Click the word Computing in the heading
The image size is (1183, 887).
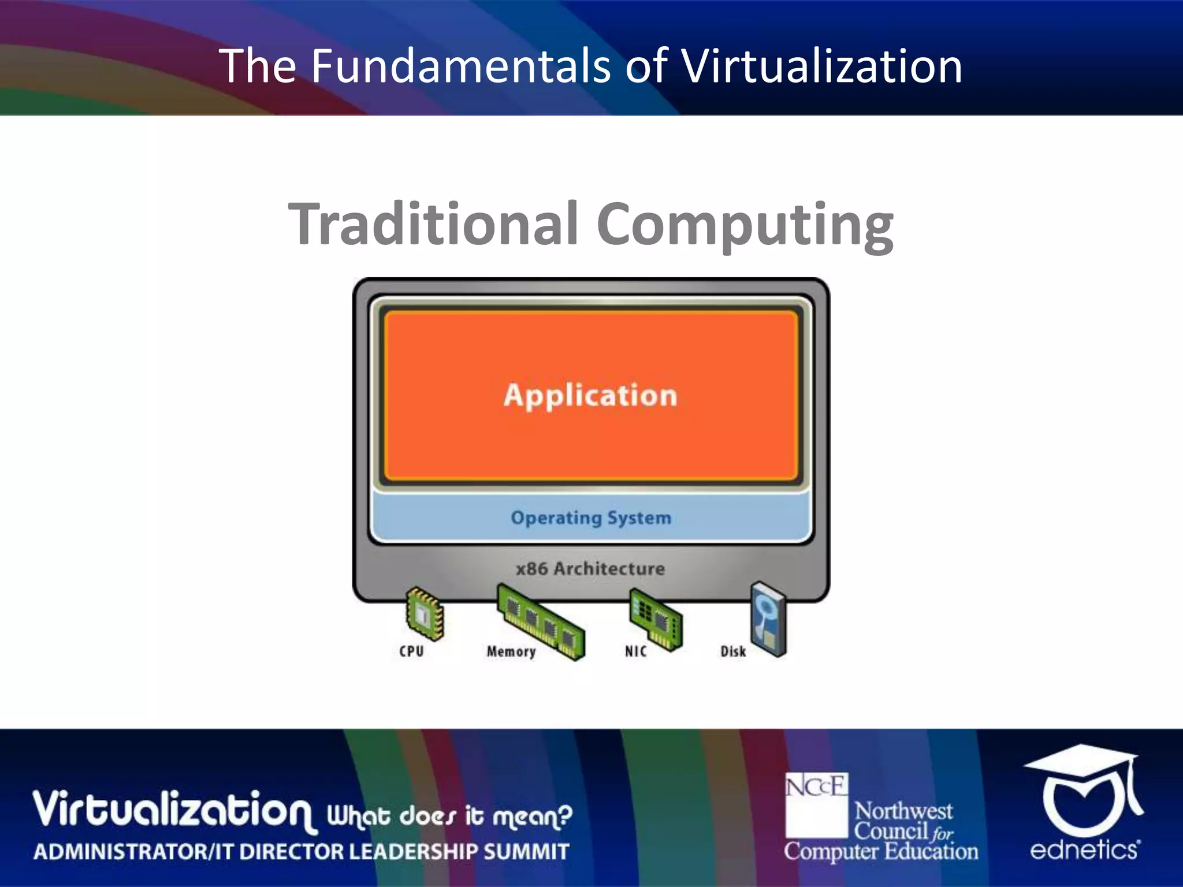(x=745, y=225)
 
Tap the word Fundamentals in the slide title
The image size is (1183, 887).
(x=460, y=66)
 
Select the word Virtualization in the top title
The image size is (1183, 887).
(x=822, y=66)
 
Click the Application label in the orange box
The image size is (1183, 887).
(x=590, y=396)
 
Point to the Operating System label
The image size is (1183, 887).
(x=591, y=518)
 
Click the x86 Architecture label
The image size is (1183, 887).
(x=590, y=569)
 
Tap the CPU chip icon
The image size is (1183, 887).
(x=425, y=614)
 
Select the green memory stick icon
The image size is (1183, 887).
(x=541, y=621)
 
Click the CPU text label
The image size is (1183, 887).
(x=411, y=651)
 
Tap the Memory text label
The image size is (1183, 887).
(x=511, y=651)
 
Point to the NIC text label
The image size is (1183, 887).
(x=635, y=651)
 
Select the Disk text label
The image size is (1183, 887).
(x=733, y=651)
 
